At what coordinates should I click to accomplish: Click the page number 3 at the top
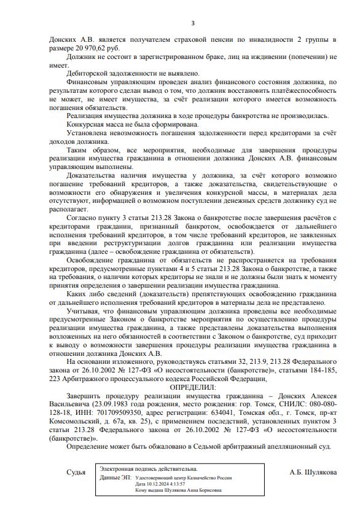193,23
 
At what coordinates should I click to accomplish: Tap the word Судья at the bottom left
76,472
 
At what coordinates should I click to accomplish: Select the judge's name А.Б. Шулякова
313,472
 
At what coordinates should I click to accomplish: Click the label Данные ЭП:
115,477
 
